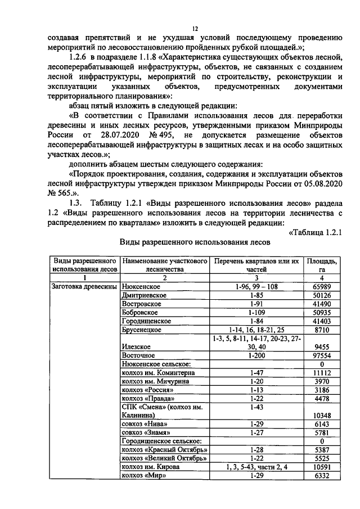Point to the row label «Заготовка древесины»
point(83,286)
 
